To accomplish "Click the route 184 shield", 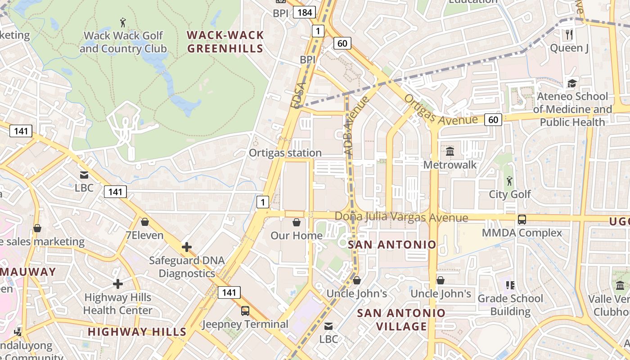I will point(305,12).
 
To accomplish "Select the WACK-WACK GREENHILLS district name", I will point(225,41).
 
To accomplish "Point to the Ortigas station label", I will point(285,153).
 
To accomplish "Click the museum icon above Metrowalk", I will point(450,151).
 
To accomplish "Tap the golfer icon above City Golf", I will point(509,181).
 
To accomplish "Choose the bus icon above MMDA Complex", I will point(522,220).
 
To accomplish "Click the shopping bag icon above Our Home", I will point(297,222).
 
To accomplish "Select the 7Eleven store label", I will point(144,235).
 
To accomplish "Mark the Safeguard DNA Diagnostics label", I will point(186,267).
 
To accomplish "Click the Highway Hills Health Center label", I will point(118,304).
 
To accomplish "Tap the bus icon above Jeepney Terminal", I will point(245,310).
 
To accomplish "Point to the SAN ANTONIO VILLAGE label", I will point(401,319).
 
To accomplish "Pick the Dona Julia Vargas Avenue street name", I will point(401,217).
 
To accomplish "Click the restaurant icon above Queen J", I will point(569,34).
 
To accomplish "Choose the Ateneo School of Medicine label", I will point(572,109).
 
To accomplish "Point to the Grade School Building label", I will point(510,305).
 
